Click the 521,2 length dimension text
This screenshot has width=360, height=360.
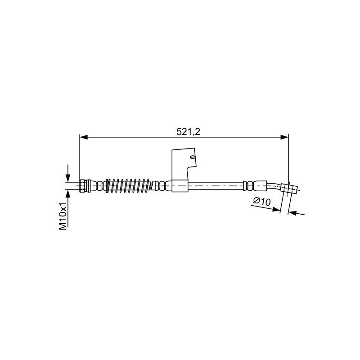[188, 132]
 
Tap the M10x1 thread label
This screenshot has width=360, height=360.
[63, 216]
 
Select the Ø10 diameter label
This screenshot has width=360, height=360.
[262, 202]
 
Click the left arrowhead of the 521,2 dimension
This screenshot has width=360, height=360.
[84, 137]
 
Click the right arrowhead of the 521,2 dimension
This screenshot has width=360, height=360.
[284, 137]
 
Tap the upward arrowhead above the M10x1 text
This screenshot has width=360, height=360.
[68, 194]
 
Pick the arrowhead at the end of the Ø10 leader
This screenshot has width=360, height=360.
[276, 209]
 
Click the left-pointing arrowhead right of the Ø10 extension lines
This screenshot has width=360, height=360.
[292, 213]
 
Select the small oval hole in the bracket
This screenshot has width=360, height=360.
[193, 157]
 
